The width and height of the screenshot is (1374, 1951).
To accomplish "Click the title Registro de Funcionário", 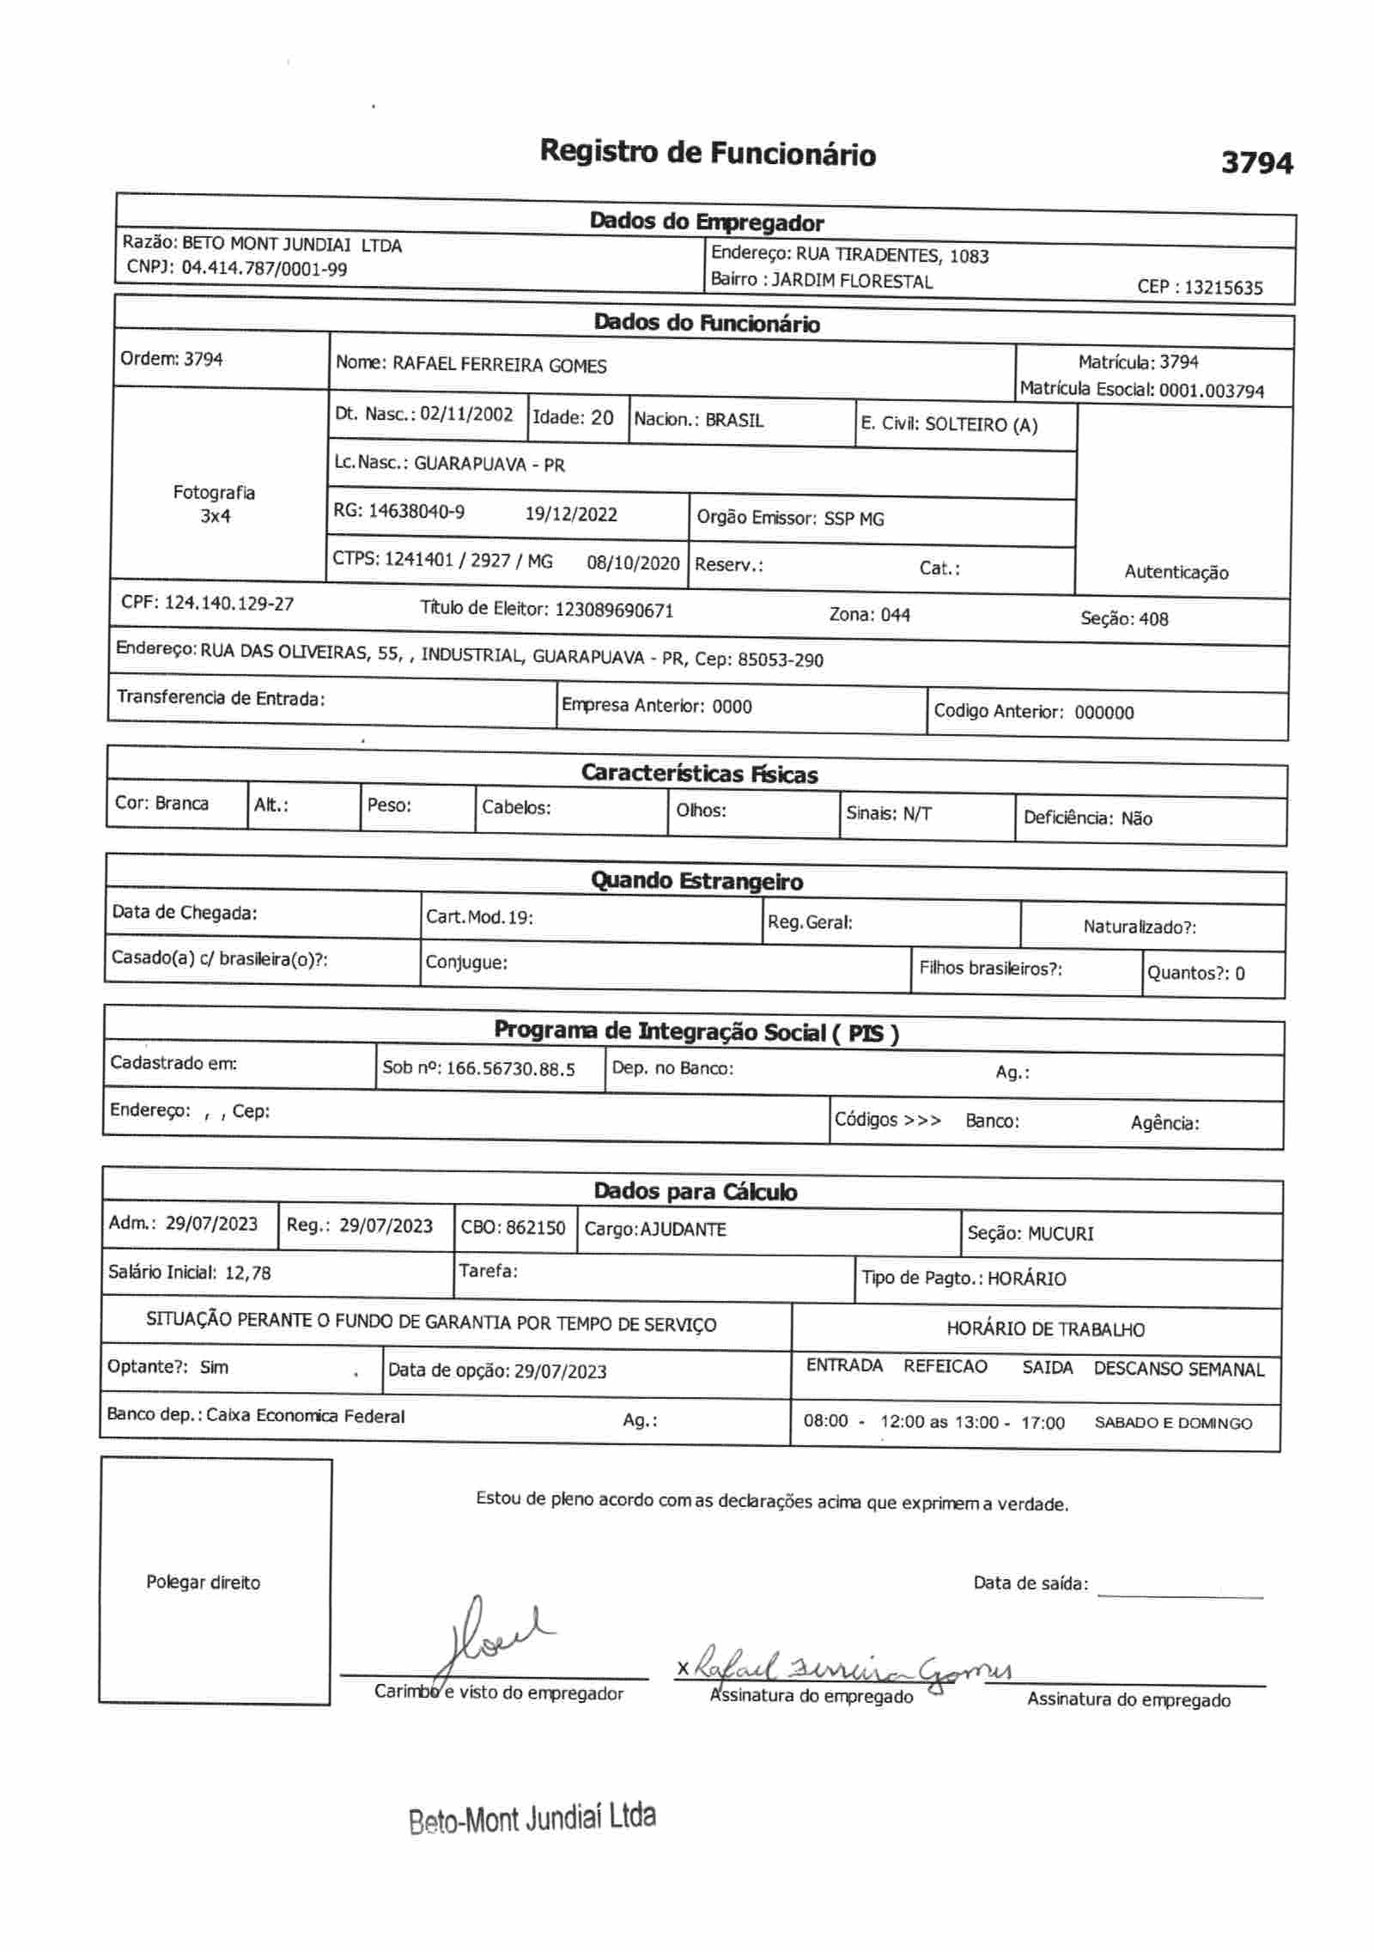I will pos(708,154).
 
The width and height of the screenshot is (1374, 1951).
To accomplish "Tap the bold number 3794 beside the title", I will pos(1256,162).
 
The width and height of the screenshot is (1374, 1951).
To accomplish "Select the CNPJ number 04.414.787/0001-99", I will pos(264,269).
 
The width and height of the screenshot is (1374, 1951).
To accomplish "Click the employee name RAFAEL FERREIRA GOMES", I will pos(499,365).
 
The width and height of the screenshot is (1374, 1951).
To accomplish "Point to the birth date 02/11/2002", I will pos(466,414).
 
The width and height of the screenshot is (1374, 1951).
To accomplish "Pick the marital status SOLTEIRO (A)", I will pos(982,425).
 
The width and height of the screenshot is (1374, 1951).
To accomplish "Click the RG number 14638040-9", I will pos(416,512).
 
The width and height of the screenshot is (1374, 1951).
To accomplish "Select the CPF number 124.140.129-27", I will pos(228,604).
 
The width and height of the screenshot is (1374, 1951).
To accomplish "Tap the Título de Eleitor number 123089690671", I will pos(614,611).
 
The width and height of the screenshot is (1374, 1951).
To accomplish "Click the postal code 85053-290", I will pos(780,660).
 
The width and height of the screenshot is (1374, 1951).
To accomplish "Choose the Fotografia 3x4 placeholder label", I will pos(214,504).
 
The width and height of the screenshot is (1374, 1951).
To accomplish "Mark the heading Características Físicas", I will pos(699,774).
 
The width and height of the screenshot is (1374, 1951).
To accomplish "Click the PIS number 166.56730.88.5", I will pos(511,1069).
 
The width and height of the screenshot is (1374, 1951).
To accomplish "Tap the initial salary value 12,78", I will pos(247,1273).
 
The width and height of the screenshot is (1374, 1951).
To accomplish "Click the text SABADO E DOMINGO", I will pos(1172,1423).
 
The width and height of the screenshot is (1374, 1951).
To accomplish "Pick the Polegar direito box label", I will pos(203,1583).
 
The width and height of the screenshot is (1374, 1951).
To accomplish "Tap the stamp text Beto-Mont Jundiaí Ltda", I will pos(532,1818).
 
